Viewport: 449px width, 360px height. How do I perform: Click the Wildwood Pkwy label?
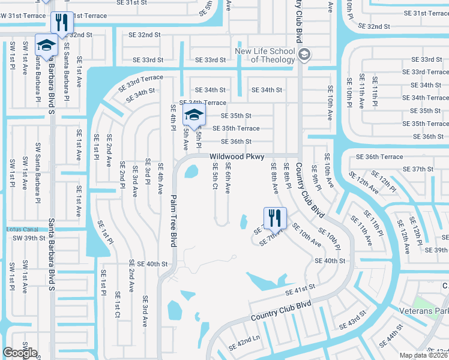click(237, 157)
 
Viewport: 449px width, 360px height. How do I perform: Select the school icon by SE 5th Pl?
click(194, 116)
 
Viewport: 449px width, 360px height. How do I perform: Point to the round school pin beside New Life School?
click(304, 55)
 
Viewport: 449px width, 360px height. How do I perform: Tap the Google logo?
click(20, 353)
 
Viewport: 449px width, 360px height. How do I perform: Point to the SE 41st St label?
click(300, 290)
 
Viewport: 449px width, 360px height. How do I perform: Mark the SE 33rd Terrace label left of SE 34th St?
click(140, 82)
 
